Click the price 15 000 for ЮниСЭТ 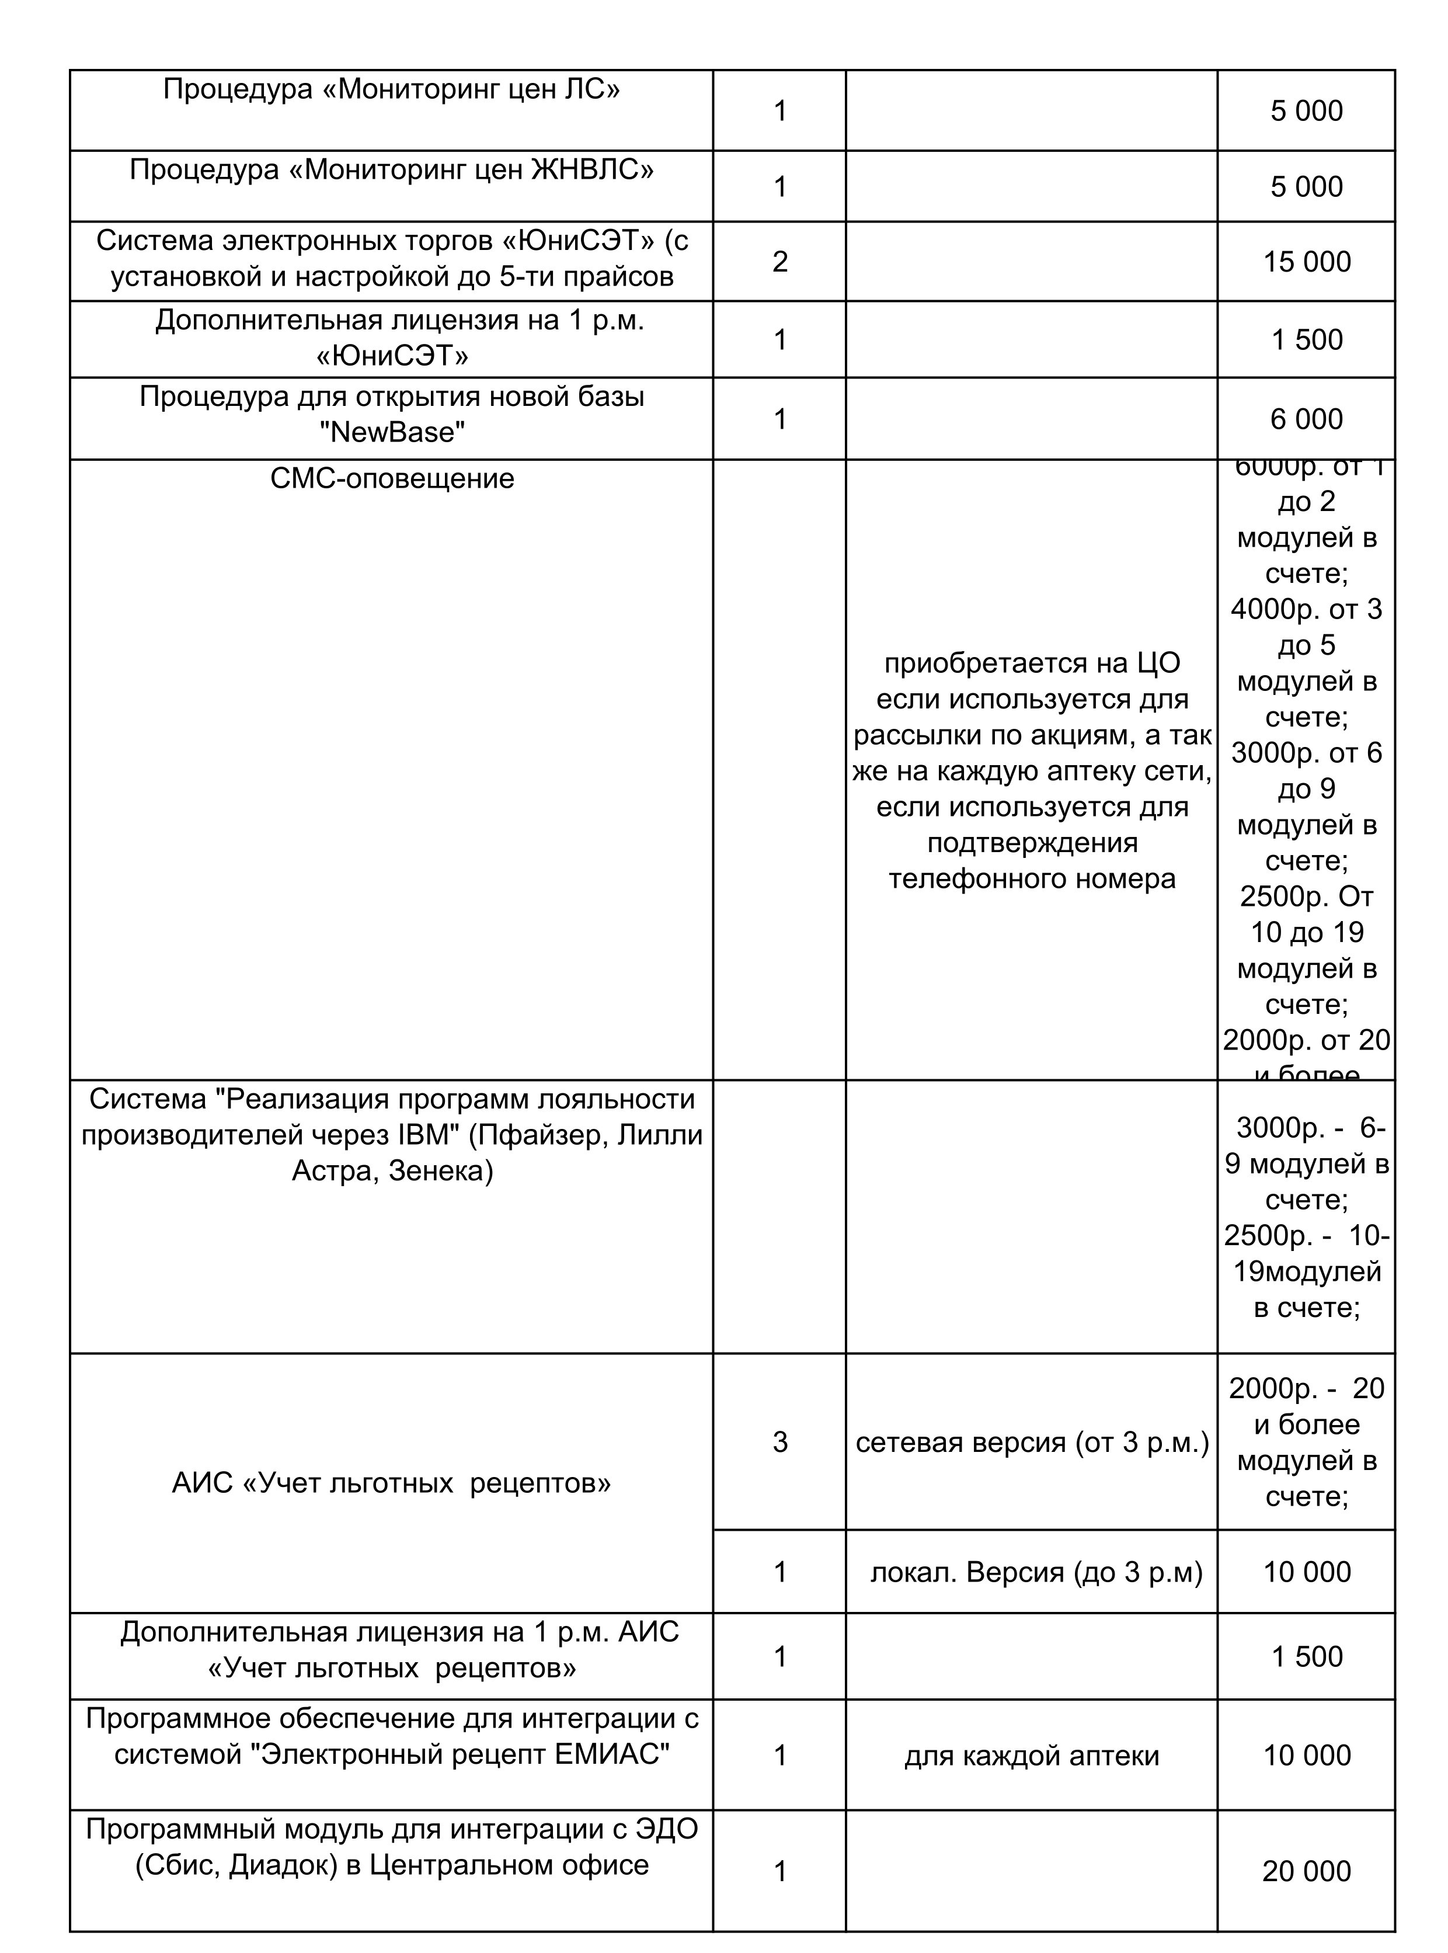pos(1306,261)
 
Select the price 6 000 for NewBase pos(1306,419)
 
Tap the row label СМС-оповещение pos(392,478)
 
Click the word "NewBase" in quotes pos(392,432)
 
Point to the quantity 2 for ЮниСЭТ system pos(779,261)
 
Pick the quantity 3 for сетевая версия pos(779,1442)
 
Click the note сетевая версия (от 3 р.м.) pos(1032,1443)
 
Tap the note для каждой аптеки pos(1032,1755)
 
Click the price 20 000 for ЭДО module pos(1306,1871)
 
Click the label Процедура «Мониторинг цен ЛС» pos(391,89)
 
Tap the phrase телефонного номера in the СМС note pos(1032,878)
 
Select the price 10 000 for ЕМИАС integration pos(1306,1755)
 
